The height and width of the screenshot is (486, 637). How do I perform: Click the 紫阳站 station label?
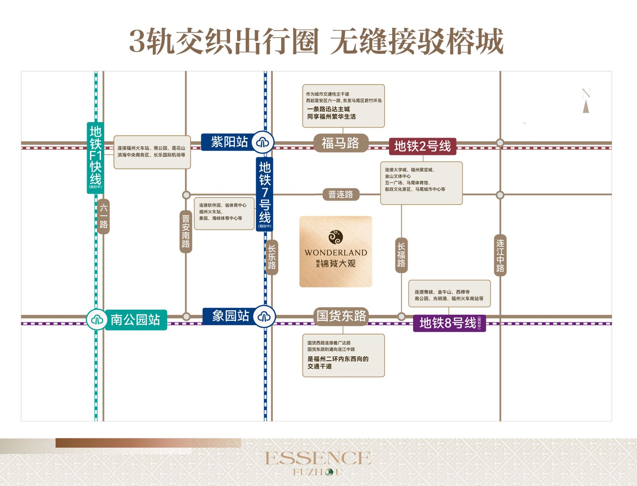[229, 142]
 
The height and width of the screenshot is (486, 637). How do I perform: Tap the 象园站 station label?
[230, 316]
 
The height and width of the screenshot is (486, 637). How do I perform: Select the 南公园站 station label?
[135, 320]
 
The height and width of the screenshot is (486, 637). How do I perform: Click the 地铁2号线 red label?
[422, 146]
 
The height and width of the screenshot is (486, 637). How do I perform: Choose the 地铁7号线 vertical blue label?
[265, 194]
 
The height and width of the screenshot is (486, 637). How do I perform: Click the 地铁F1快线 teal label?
[95, 157]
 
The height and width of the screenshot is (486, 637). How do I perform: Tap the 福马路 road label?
[341, 143]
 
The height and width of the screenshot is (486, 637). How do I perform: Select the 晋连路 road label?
[341, 194]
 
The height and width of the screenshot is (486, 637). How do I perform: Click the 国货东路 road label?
[341, 316]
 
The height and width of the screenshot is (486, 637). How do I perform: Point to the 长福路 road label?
[401, 255]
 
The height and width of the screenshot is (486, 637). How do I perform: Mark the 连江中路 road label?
[500, 256]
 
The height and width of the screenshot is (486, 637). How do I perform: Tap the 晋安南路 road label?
[186, 232]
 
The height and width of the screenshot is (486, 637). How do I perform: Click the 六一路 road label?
[104, 216]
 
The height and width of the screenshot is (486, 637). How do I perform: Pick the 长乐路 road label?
[272, 257]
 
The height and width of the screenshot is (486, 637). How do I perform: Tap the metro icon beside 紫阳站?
[262, 142]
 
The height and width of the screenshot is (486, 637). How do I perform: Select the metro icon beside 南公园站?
[97, 320]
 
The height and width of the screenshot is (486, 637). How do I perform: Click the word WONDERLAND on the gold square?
[336, 252]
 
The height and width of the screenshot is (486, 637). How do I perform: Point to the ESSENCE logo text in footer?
[318, 458]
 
